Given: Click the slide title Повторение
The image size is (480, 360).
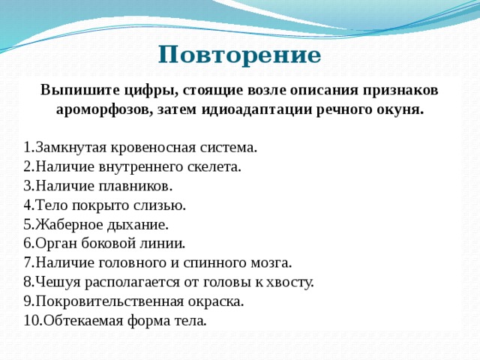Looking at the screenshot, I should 239,55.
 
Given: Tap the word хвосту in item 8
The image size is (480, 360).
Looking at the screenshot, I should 291,282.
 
